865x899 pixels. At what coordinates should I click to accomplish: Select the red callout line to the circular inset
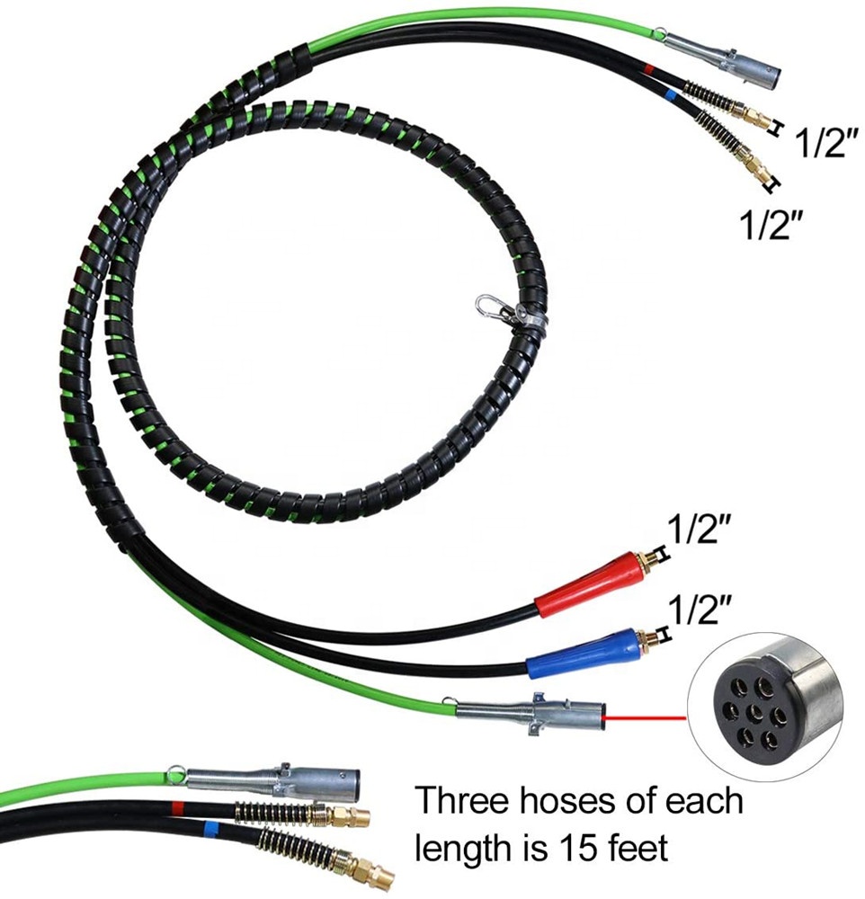[x=647, y=717]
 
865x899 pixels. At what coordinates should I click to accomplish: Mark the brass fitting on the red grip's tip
[x=646, y=563]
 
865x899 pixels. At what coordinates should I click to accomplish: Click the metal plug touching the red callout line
[x=531, y=713]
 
